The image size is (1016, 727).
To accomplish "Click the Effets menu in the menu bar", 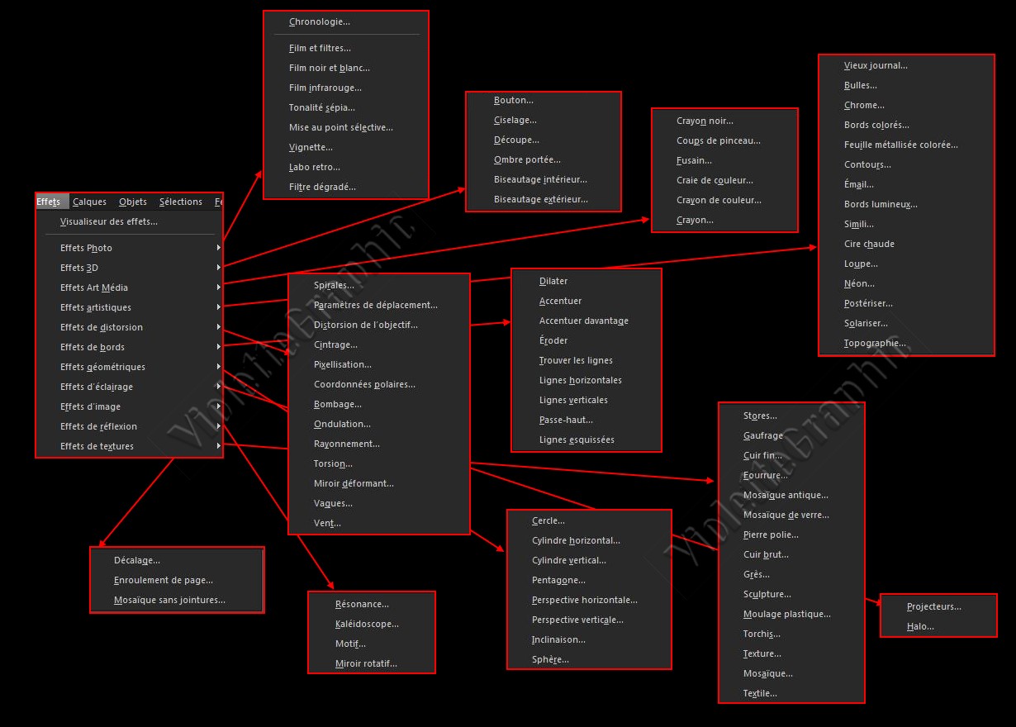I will click(x=49, y=202).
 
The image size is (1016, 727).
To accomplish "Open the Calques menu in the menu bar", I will click(x=89, y=202).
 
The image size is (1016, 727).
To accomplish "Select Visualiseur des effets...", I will click(x=108, y=221).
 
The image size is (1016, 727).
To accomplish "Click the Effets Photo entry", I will click(x=86, y=248).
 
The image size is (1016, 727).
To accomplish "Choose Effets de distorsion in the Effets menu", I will click(x=101, y=327).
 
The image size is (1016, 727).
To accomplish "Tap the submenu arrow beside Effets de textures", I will click(x=218, y=446).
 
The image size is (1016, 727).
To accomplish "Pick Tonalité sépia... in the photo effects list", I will click(x=321, y=107).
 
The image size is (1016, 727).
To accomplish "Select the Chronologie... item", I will click(x=319, y=22).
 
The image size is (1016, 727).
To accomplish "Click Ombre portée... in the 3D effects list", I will click(x=527, y=159).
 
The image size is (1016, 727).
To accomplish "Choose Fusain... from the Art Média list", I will click(x=694, y=160).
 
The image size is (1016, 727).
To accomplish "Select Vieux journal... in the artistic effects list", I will click(x=876, y=65).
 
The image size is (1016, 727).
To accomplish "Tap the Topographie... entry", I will click(x=875, y=343).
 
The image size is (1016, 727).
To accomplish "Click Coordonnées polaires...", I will click(x=364, y=384).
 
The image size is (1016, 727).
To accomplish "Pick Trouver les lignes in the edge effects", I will click(x=576, y=360).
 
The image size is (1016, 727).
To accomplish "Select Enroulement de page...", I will click(x=163, y=580).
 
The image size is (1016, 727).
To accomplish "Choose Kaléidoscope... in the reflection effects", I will click(x=367, y=624).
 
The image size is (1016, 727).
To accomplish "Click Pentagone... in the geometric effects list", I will click(x=558, y=580).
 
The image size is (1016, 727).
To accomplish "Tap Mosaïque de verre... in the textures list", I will click(x=786, y=515).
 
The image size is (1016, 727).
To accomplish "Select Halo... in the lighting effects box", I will click(x=920, y=626).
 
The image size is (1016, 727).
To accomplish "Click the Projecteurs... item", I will click(x=933, y=606).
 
